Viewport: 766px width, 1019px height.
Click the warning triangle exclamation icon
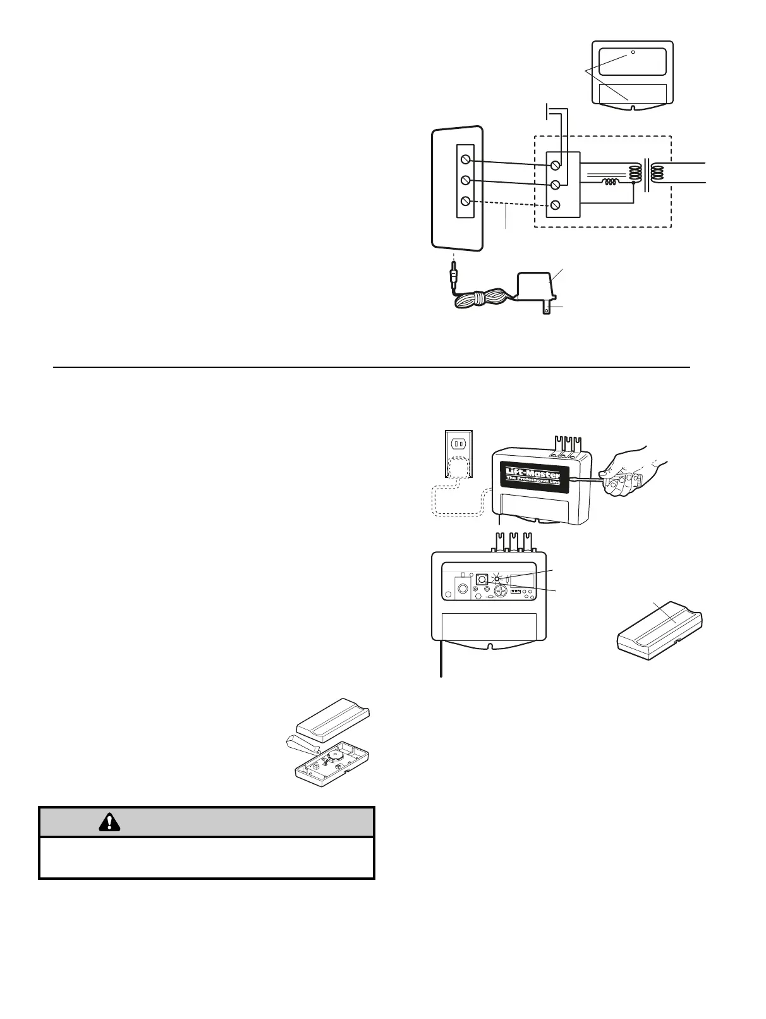pyautogui.click(x=110, y=822)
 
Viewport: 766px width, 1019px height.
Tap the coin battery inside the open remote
pyautogui.click(x=337, y=755)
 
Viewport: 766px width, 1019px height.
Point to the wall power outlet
pyautogui.click(x=459, y=444)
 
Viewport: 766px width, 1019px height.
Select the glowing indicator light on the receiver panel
pyautogui.click(x=498, y=578)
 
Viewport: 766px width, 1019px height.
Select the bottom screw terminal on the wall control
pyautogui.click(x=466, y=201)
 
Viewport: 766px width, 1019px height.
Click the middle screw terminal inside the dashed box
pyautogui.click(x=556, y=185)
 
